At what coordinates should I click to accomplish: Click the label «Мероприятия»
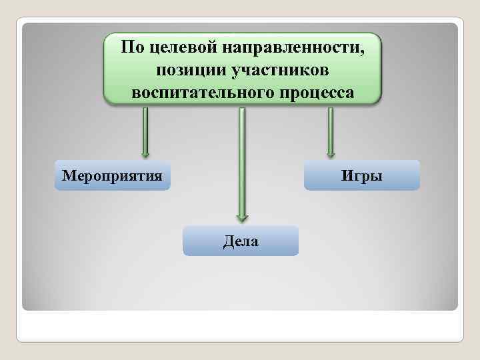pos(112,176)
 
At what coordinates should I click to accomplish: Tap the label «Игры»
pos(362,176)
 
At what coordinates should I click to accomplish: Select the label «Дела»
pos(241,241)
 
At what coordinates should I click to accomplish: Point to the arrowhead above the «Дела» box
pos(242,217)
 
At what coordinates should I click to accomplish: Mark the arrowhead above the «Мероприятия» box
pos(145,153)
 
